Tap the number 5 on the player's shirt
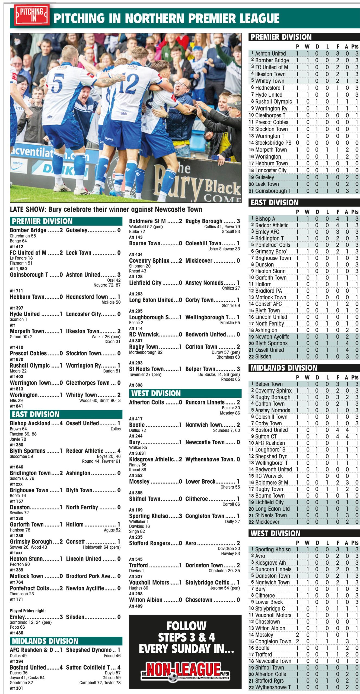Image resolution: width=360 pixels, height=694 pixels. pos(58,83)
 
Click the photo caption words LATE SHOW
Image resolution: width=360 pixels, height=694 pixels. pos(28,209)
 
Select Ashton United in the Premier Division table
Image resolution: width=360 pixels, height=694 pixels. pos(270,53)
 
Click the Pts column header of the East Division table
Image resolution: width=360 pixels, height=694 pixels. pos(355,212)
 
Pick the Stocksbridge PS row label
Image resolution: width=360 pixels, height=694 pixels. pos(273,143)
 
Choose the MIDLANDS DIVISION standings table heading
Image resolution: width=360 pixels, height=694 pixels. pos(284,368)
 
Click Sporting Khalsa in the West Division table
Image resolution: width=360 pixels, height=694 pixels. pos(273,549)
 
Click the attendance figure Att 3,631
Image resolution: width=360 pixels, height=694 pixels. pos(137,453)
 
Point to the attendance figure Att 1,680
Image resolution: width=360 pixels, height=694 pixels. pos(18,269)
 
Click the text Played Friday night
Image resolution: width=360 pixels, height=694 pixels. pos(28,611)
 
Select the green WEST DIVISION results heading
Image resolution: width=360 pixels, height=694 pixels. pos(156,393)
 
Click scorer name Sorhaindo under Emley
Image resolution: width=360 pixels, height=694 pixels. pos(19,622)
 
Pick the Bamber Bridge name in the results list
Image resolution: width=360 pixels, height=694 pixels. pos(28,230)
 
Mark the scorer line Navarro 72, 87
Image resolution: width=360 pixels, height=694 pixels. pos(107,285)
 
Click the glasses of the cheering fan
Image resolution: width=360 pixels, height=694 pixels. pos(181,84)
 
